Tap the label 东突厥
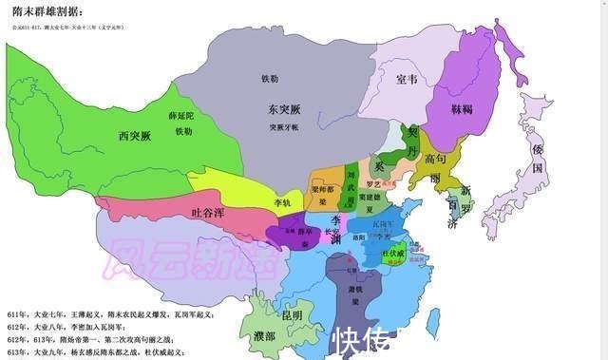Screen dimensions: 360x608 [x=284, y=109]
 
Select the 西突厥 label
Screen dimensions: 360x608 [x=134, y=136]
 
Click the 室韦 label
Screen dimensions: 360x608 [x=406, y=79]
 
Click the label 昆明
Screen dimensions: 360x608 [x=290, y=313]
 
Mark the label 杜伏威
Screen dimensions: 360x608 [x=393, y=254]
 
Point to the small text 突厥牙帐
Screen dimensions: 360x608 [x=284, y=126]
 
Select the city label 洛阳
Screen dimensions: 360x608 [x=360, y=234]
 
